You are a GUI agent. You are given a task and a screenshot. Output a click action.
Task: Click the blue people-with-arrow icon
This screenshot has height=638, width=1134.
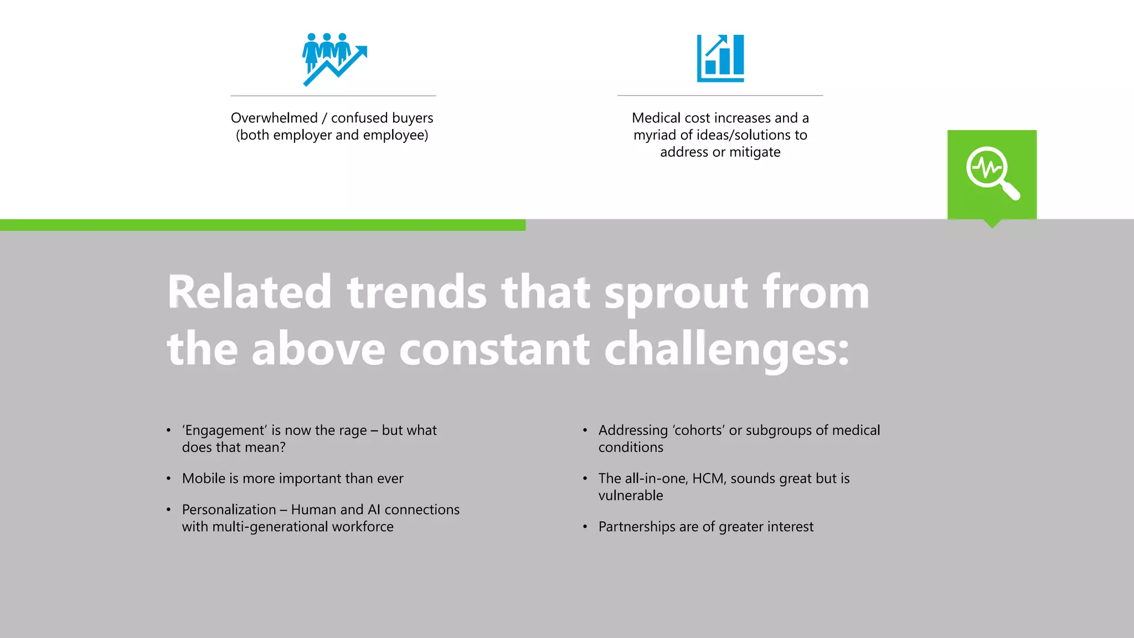coord(334,59)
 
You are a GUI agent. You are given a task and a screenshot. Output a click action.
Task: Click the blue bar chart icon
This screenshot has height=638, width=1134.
coord(720,59)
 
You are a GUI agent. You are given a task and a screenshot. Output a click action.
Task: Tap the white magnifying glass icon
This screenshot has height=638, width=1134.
coord(992,172)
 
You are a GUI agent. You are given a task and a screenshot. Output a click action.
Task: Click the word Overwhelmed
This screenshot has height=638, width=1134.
coord(274,118)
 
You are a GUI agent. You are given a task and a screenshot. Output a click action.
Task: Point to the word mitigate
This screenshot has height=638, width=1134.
coord(755,152)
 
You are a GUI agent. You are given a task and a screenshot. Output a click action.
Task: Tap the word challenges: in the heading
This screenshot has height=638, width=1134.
coord(726,350)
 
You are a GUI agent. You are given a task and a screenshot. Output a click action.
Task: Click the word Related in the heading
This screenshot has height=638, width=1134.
coord(250,292)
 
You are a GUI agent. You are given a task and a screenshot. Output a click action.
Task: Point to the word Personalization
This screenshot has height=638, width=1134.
coord(229,510)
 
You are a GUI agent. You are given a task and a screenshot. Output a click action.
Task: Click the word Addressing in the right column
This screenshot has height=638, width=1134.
coord(633,430)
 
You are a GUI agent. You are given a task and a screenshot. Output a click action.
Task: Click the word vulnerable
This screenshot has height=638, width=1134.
coord(630,496)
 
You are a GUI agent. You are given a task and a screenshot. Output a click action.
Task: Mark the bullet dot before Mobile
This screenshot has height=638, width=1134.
coord(168,478)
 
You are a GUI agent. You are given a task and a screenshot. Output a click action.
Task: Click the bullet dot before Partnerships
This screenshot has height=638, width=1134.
coord(585,527)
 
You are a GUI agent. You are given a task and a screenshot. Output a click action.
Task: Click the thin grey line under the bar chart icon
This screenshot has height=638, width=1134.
coord(720,95)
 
